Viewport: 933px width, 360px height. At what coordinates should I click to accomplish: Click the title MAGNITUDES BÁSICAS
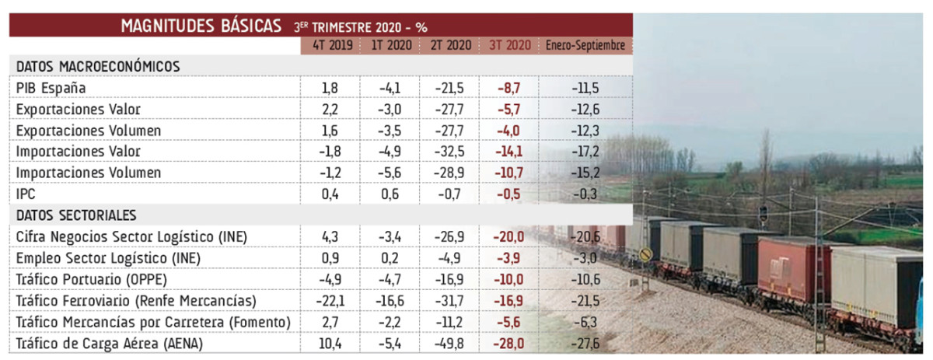pos(201,26)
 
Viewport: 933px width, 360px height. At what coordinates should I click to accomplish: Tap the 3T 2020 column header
pos(510,46)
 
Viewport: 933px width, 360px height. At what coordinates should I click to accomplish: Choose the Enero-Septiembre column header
pos(585,46)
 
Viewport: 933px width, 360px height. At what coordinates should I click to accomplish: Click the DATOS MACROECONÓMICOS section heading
pos(98,67)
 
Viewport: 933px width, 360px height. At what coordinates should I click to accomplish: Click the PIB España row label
pos(51,88)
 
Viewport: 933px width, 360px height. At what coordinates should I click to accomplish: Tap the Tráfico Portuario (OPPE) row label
pos(92,278)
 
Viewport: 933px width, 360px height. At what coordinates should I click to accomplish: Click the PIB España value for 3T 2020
pos(508,88)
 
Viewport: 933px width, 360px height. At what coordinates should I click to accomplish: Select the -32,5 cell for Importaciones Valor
pos(448,152)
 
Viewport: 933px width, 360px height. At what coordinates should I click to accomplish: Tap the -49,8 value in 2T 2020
pos(448,342)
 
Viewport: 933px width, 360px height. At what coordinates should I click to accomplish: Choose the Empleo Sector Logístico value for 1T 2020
pos(390,257)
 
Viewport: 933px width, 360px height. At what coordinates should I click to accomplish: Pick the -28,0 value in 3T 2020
pos(508,342)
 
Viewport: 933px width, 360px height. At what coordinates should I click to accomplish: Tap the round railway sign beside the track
pos(645,254)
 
